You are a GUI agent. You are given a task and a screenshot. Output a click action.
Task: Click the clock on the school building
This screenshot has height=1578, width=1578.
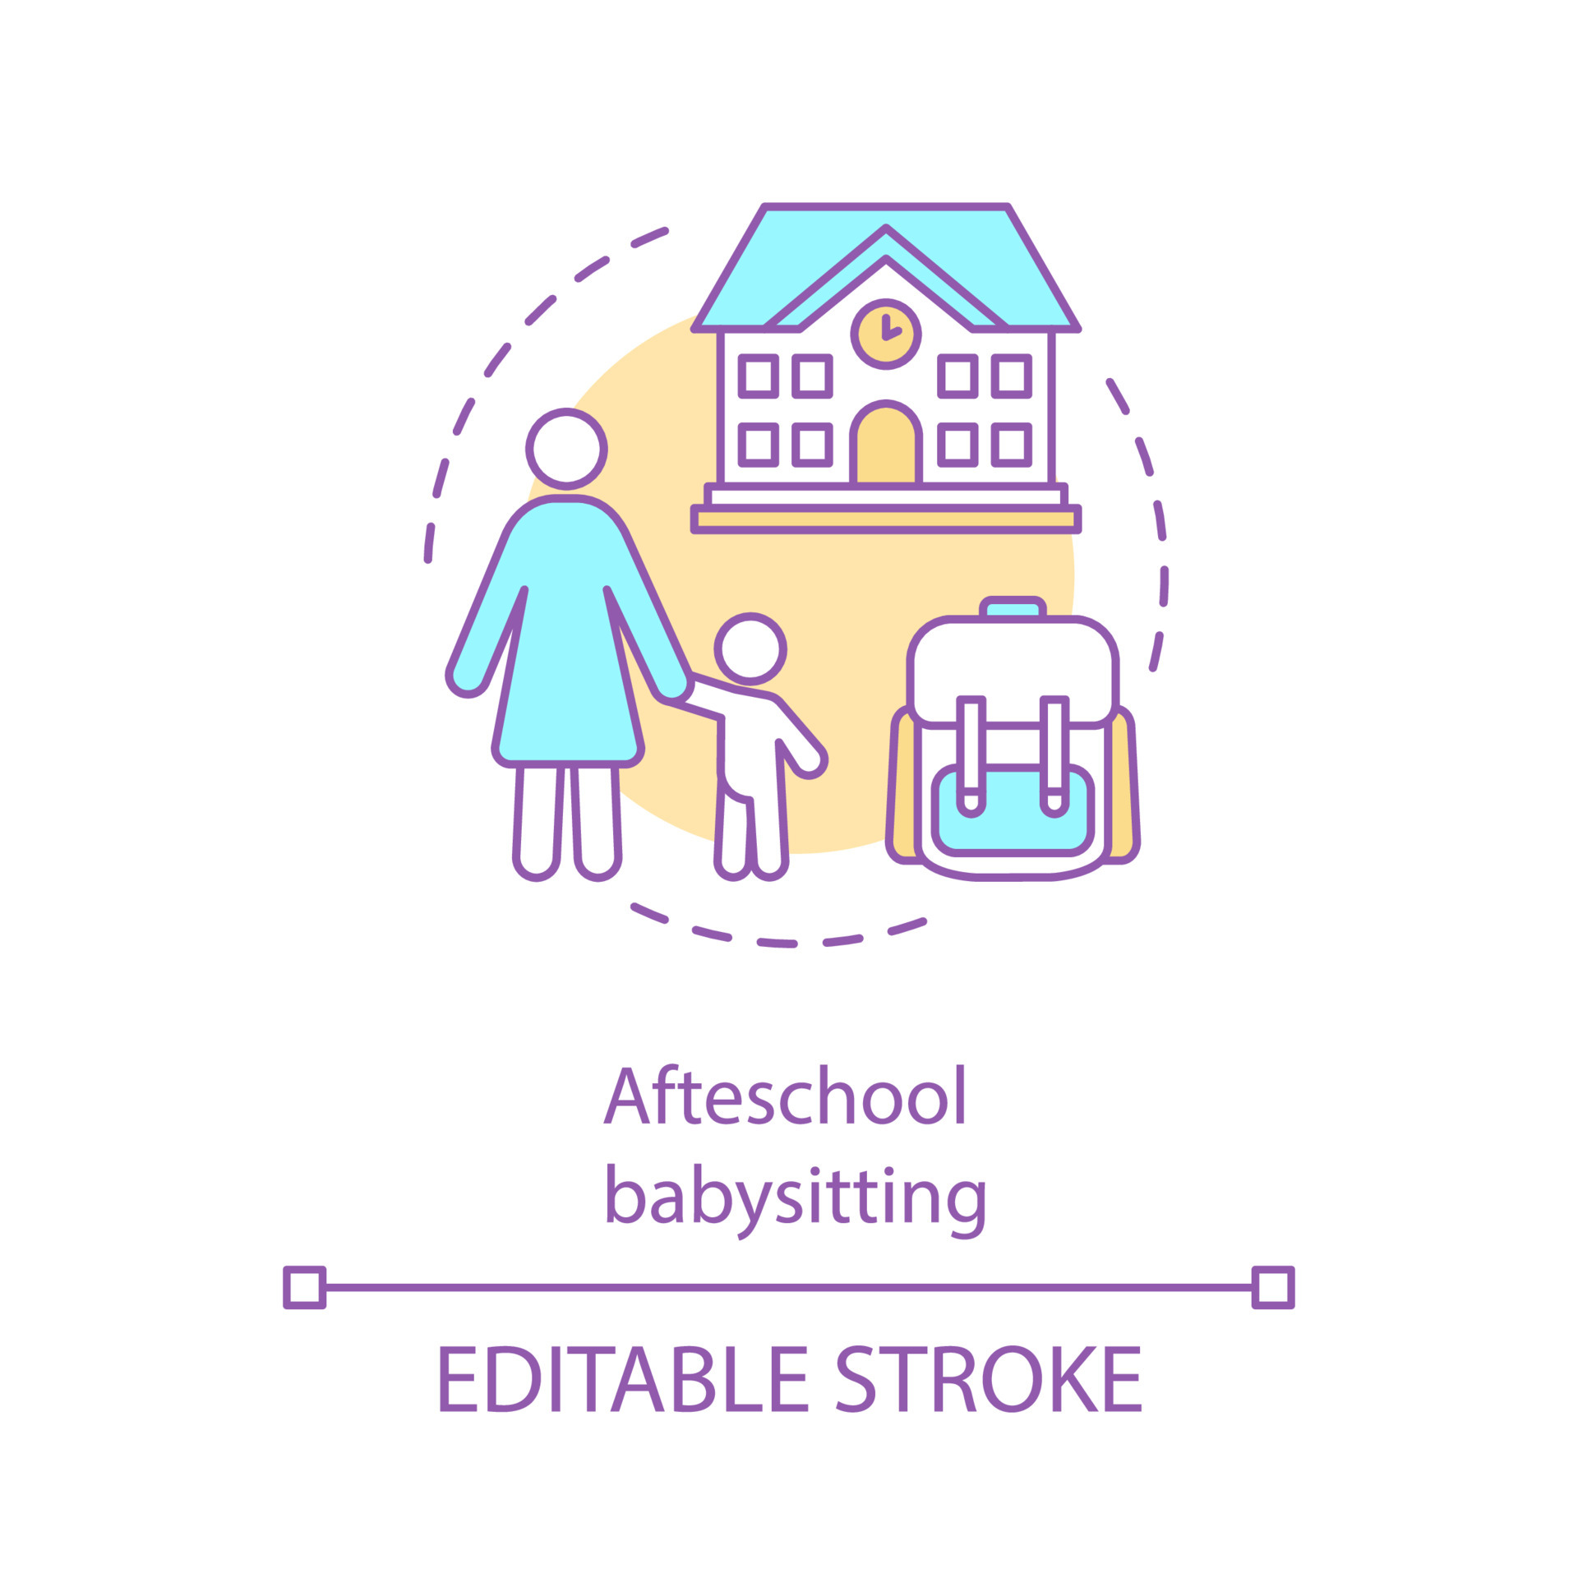885,334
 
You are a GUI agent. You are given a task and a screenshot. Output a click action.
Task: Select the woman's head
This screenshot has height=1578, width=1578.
566,449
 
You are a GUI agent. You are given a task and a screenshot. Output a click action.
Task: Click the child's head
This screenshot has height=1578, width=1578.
750,648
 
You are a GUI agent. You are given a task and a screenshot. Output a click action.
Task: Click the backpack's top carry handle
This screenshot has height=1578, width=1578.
1013,607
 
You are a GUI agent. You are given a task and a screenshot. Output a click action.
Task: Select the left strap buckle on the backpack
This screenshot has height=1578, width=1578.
971,800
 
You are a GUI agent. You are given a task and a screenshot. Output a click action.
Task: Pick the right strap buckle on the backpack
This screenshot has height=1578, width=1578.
1054,800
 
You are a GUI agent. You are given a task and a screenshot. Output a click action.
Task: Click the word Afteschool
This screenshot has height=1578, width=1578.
785,1097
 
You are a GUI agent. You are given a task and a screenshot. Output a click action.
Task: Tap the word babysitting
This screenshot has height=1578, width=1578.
795,1199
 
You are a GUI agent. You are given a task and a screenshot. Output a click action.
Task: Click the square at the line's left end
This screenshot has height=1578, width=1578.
304,1287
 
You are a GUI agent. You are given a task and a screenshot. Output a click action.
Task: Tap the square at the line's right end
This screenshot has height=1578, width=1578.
1273,1287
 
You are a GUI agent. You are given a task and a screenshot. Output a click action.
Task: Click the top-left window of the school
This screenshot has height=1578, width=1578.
758,376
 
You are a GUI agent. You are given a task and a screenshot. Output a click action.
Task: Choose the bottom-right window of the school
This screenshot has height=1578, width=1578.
1011,445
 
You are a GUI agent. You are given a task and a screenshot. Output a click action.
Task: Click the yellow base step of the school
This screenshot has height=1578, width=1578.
885,519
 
